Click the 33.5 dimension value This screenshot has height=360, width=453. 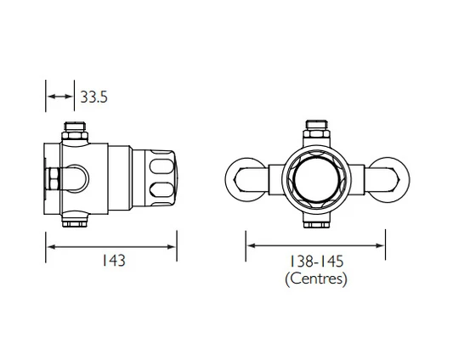click(93, 98)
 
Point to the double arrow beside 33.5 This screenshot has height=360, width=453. click(59, 98)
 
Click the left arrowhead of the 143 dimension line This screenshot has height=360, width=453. click(50, 247)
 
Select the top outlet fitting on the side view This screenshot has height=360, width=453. click(74, 133)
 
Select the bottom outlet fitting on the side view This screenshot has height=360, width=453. click(74, 222)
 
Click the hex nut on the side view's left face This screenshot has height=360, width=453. click(52, 178)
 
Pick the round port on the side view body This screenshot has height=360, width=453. click(82, 177)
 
